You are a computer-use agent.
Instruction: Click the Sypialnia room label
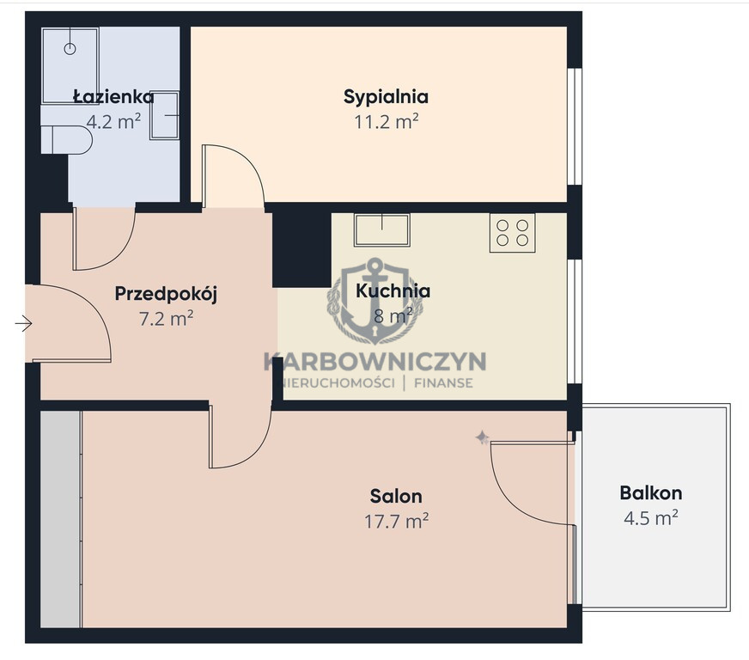(386, 97)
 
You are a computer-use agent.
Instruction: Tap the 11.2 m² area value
(386, 122)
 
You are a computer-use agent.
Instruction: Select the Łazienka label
(113, 96)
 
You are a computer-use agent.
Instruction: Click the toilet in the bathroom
(66, 139)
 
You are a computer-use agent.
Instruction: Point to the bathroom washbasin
(164, 115)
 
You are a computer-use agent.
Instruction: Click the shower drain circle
(70, 49)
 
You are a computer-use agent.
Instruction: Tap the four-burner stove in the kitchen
(512, 232)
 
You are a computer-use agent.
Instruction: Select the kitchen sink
(381, 229)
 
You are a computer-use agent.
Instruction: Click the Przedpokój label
(166, 293)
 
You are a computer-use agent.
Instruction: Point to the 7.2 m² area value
(166, 318)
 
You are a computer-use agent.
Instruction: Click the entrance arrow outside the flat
(23, 323)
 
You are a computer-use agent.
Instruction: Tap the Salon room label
(396, 496)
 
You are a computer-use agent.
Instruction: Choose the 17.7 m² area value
(396, 521)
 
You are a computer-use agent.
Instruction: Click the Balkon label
(650, 492)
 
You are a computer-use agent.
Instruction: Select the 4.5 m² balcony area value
(650, 517)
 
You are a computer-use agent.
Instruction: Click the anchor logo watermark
(375, 301)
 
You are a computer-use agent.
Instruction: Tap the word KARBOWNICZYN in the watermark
(375, 361)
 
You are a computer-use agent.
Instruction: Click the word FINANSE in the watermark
(443, 383)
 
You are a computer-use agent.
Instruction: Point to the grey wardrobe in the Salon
(61, 519)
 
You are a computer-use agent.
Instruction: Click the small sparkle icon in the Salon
(482, 437)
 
